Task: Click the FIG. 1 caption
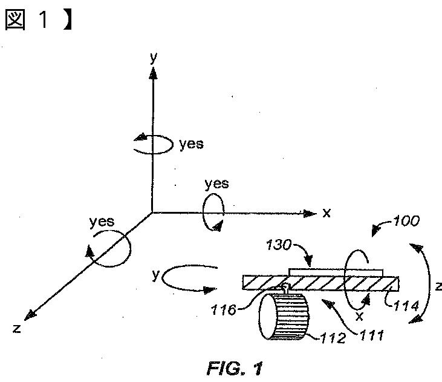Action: pyautogui.click(x=236, y=368)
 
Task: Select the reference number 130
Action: pyautogui.click(x=279, y=245)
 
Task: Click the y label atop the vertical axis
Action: pyautogui.click(x=154, y=58)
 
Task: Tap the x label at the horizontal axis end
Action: pyautogui.click(x=327, y=212)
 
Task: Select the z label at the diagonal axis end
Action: pyautogui.click(x=17, y=329)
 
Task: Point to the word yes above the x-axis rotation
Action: pyautogui.click(x=217, y=183)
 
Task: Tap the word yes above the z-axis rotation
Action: pyautogui.click(x=102, y=222)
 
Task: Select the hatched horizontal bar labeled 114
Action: pyautogui.click(x=320, y=283)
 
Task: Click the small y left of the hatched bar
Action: pyautogui.click(x=155, y=275)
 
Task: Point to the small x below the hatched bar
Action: pyautogui.click(x=359, y=315)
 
